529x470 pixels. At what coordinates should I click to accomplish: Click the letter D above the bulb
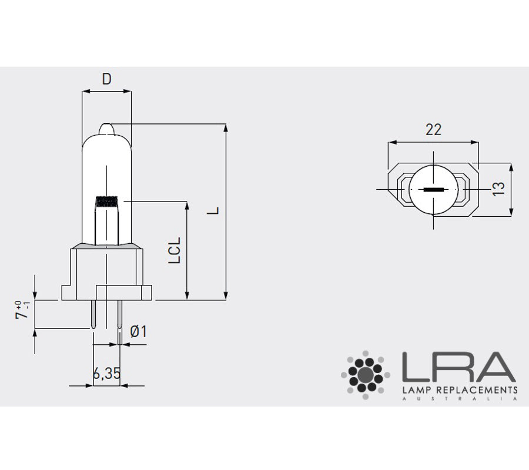[x=106, y=79]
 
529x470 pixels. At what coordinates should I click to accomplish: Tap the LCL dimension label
[x=175, y=250]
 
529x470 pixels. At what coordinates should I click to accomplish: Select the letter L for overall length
[x=213, y=211]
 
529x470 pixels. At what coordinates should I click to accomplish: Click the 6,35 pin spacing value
[x=106, y=373]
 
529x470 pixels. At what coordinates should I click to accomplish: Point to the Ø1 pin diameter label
[x=138, y=331]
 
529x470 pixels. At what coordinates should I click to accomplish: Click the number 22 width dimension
[x=434, y=129]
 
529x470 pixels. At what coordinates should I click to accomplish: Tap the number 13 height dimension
[x=498, y=189]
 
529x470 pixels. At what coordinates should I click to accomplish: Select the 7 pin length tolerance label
[x=22, y=310]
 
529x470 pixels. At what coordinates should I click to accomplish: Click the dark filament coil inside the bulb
[x=107, y=202]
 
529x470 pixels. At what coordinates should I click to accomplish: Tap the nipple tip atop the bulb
[x=106, y=129]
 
